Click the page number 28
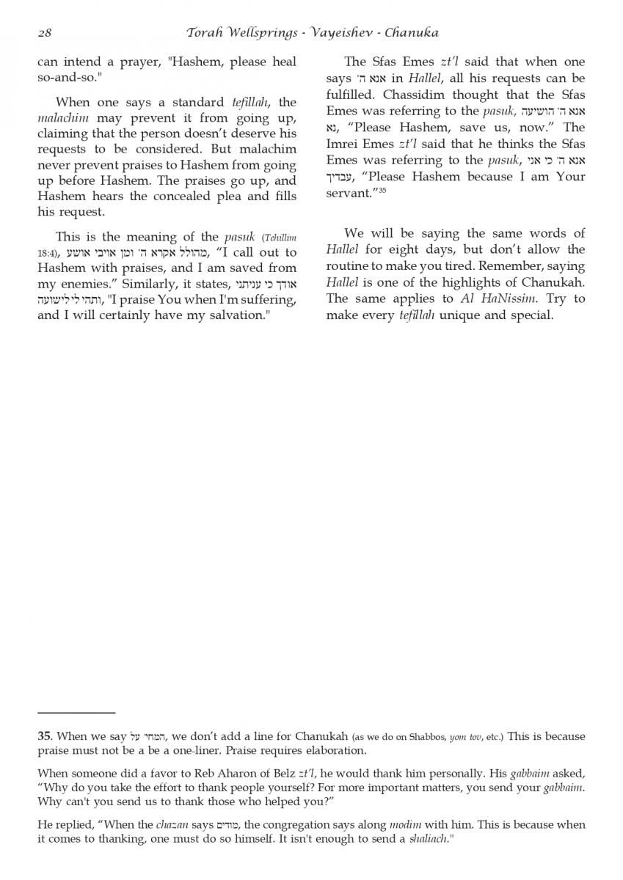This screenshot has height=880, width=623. (43, 33)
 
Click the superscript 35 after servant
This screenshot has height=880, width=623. (382, 190)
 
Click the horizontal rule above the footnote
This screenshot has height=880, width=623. (76, 712)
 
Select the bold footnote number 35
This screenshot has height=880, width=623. (45, 736)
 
